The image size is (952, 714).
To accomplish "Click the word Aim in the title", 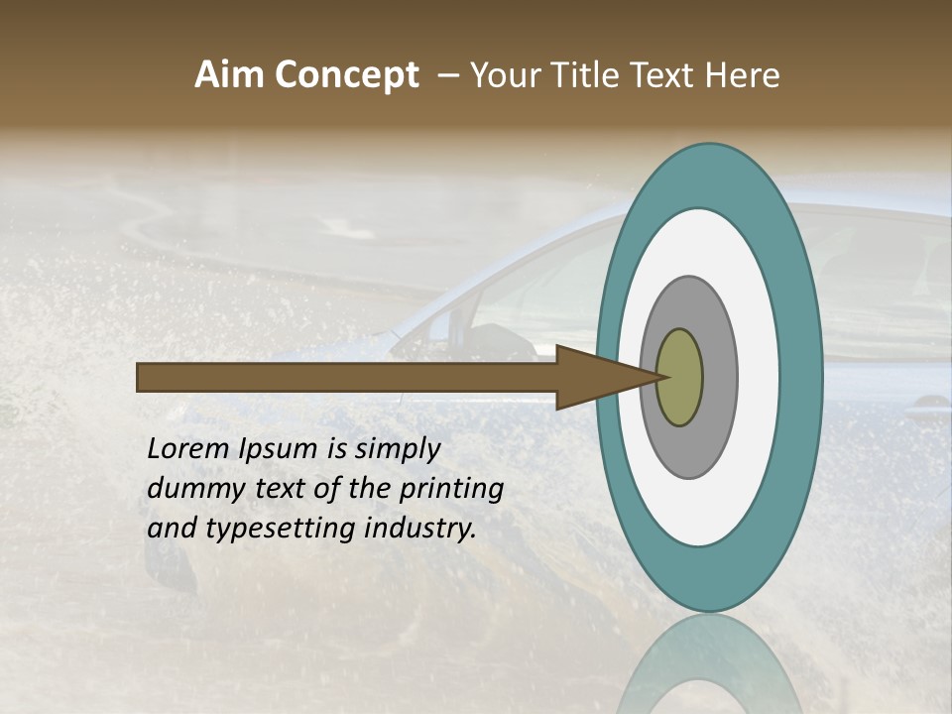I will (x=229, y=75).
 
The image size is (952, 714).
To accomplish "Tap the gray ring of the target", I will (x=718, y=378).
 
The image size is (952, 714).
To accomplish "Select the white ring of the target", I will (x=758, y=378).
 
